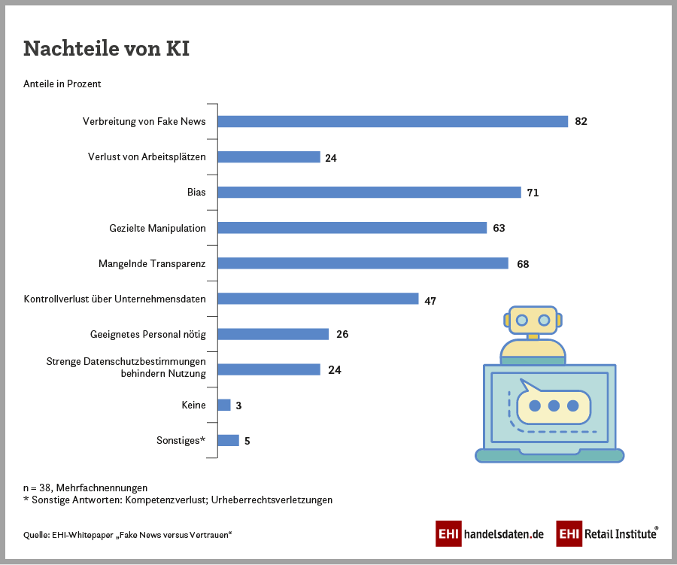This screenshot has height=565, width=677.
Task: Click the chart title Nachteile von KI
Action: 106,48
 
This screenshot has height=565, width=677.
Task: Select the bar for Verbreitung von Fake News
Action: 392,122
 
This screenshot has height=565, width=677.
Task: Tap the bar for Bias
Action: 369,193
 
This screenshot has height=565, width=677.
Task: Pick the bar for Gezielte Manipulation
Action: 352,228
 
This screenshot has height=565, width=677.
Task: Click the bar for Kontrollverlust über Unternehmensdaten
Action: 317,299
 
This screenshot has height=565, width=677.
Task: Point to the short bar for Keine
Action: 223,406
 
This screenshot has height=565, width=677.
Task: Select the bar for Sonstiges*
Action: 228,441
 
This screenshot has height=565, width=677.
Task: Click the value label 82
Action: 580,122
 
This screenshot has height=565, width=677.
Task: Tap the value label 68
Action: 523,264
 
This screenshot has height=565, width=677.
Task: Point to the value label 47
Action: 430,300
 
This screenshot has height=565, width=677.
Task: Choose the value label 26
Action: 342,335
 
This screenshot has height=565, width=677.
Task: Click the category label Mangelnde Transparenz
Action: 152,264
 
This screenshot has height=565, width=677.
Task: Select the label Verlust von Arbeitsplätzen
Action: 147,157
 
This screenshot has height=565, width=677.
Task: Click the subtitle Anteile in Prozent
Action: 62,84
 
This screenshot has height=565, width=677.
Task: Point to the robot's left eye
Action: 521,320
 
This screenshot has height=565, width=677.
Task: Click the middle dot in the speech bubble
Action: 554,406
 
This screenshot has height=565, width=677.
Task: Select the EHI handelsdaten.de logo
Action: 490,533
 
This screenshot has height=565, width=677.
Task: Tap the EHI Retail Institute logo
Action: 608,533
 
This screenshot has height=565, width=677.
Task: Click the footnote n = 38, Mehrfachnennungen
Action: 86,488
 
